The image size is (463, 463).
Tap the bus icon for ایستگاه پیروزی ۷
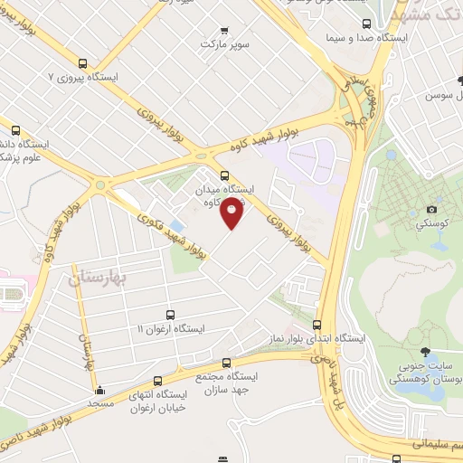coord(84,64)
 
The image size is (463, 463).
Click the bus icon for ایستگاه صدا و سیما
coord(364,24)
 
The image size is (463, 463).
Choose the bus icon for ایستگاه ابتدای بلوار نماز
coord(317,325)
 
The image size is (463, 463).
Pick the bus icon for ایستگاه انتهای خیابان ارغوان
coord(159,381)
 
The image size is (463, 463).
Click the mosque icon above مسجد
coord(99,391)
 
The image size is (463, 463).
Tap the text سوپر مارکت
coord(223,43)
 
